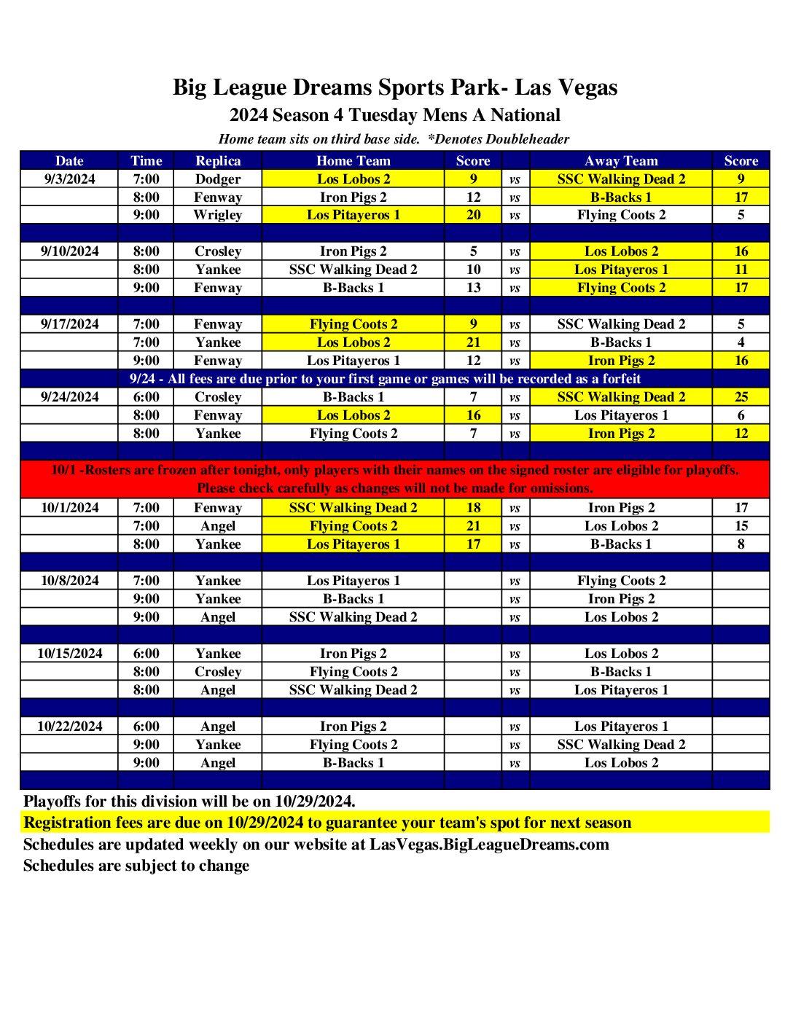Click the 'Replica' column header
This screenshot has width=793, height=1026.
[218, 160]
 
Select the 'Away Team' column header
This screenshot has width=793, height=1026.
[621, 160]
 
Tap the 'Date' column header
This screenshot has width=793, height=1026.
[69, 160]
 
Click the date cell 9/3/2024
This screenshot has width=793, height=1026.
[69, 179]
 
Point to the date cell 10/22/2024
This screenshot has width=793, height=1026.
[69, 726]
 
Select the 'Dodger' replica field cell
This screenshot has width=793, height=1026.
[218, 179]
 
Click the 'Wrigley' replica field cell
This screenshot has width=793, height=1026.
[218, 215]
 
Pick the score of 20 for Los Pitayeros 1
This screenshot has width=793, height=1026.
[473, 215]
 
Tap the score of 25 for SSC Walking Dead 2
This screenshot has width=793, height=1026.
[741, 397]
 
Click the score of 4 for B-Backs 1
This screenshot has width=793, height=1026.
[741, 342]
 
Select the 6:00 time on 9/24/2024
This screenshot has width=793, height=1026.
[146, 397]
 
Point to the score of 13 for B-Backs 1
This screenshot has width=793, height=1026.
[473, 288]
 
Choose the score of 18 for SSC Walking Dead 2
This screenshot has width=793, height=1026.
[473, 508]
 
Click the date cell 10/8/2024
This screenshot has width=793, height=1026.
[69, 581]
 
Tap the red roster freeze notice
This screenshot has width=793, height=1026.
[395, 479]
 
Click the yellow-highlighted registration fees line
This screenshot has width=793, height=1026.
[327, 823]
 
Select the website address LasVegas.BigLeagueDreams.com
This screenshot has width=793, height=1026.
[489, 845]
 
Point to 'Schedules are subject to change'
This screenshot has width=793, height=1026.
[136, 866]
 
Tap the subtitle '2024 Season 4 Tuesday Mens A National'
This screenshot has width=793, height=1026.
[395, 115]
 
